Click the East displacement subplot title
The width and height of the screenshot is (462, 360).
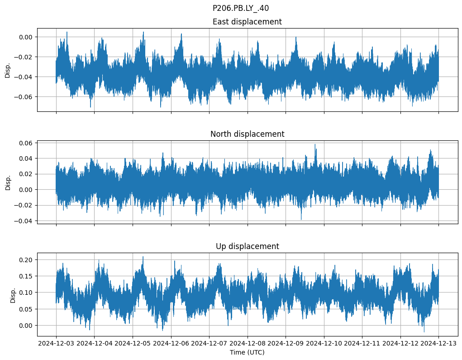(247, 22)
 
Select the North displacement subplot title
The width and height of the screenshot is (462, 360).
(247, 134)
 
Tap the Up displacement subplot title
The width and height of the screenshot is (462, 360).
(247, 246)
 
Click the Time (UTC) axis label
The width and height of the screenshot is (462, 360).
(247, 352)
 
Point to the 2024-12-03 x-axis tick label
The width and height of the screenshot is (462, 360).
(56, 344)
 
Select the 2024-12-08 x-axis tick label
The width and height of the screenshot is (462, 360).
(248, 344)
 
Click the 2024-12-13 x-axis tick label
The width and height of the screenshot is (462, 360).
(438, 344)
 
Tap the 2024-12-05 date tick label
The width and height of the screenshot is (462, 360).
(133, 344)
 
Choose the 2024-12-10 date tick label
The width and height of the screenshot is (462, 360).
(324, 344)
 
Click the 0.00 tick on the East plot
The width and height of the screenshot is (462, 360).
(27, 37)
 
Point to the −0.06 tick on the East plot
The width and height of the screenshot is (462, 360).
(25, 97)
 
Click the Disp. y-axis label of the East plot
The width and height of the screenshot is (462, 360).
(8, 70)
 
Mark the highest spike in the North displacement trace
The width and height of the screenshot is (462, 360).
(315, 144)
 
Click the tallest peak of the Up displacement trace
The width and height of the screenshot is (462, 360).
(143, 257)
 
